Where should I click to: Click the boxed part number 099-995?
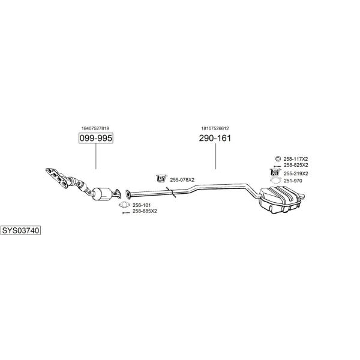click(x=96, y=138)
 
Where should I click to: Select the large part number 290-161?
click(x=215, y=138)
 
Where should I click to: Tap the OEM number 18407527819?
click(x=95, y=128)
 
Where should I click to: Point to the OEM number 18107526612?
click(x=215, y=128)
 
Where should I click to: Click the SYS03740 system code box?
click(x=20, y=230)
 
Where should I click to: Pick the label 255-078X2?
click(x=182, y=180)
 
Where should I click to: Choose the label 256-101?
click(x=142, y=205)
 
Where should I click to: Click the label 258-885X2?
click(x=145, y=211)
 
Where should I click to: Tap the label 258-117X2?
click(x=296, y=159)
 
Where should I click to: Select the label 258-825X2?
click(x=296, y=165)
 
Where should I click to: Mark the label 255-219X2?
click(x=296, y=173)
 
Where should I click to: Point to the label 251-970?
click(x=293, y=181)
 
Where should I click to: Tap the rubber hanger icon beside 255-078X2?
click(x=161, y=178)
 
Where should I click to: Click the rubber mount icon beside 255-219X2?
click(x=275, y=172)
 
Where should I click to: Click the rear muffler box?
click(x=280, y=199)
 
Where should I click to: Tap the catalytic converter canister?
click(x=102, y=194)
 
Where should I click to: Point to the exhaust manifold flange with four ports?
click(x=57, y=178)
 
